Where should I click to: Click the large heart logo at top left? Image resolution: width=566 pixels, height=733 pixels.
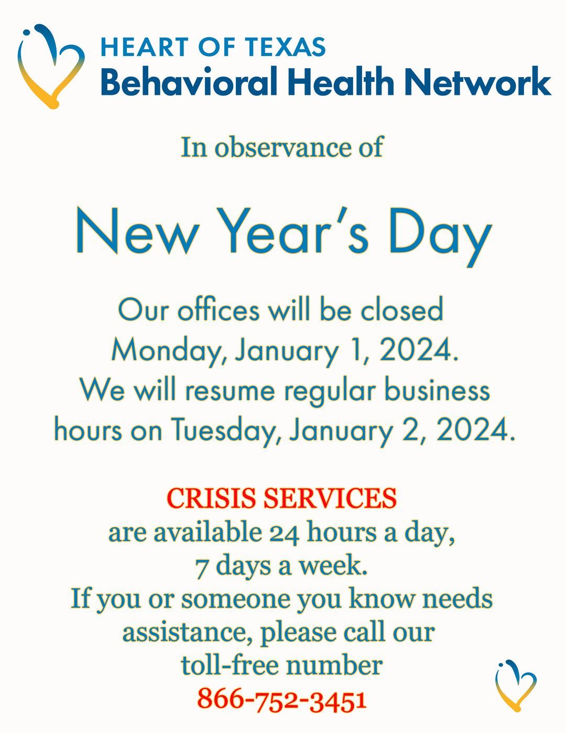[x=50, y=66]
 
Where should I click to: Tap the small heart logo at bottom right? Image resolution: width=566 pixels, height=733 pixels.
[x=516, y=685]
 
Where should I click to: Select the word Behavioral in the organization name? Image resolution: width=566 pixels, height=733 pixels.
[x=188, y=83]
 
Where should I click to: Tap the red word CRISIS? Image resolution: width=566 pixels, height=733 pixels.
[x=212, y=498]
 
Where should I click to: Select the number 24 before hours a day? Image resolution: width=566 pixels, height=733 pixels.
[x=285, y=533]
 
